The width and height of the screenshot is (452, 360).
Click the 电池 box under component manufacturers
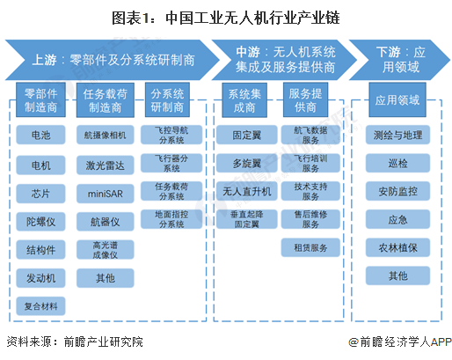(40, 136)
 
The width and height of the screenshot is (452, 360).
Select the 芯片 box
(40, 192)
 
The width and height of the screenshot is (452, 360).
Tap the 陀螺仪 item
(40, 220)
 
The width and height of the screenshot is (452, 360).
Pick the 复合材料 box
(40, 305)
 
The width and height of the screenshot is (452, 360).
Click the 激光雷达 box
(106, 164)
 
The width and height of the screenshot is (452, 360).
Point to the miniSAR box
(106, 192)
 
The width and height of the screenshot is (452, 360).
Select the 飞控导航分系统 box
(169, 136)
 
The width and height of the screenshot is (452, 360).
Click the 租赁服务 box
(310, 248)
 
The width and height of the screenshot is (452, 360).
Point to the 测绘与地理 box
(397, 136)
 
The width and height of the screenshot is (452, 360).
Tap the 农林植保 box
(397, 248)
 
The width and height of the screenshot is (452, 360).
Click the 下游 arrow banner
(395, 59)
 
